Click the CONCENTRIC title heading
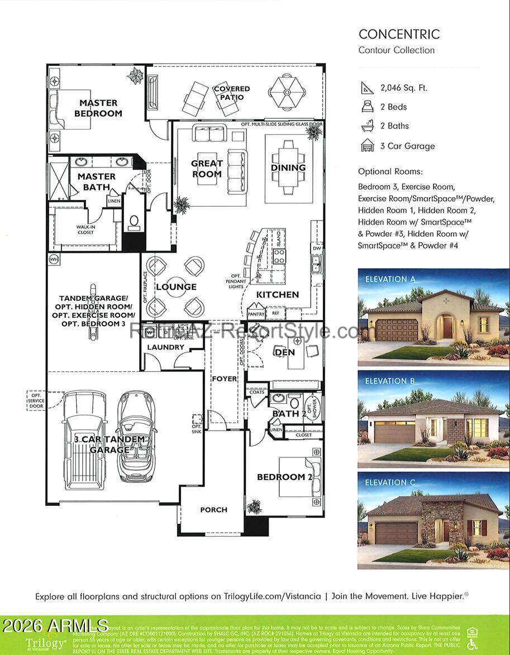[399, 34]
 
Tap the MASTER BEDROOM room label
[98, 108]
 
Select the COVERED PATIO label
[231, 93]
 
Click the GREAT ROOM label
[207, 169]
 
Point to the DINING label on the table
[288, 168]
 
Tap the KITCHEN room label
[278, 294]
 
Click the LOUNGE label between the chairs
[176, 287]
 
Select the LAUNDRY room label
[165, 347]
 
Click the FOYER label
[223, 379]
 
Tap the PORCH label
[213, 509]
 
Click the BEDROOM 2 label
[284, 477]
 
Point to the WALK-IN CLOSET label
[85, 230]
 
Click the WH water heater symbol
[54, 259]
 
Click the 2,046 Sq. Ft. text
[403, 88]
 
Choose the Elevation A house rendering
[433, 317]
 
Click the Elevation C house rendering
[433, 520]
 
